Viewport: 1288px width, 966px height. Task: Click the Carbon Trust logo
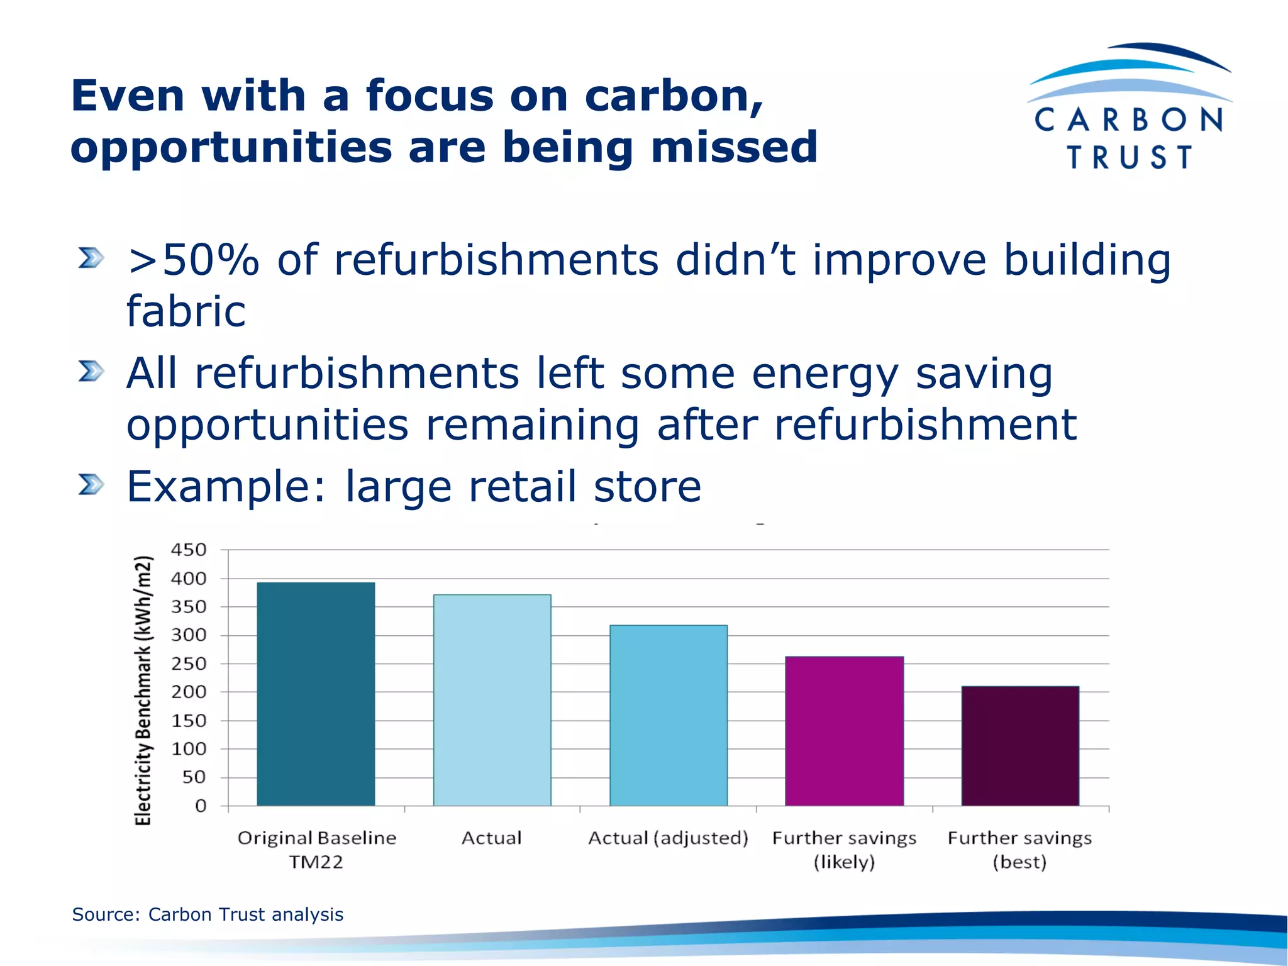pyautogui.click(x=1130, y=107)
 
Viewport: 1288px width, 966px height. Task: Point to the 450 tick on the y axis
pyautogui.click(x=189, y=550)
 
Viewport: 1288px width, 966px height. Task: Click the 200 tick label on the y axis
pyautogui.click(x=189, y=692)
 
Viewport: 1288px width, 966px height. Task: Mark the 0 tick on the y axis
pyautogui.click(x=201, y=806)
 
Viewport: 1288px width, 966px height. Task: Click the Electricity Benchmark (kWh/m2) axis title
pyautogui.click(x=143, y=690)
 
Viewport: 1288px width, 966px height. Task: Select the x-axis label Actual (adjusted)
pyautogui.click(x=668, y=838)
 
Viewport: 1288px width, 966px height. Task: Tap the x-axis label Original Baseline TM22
pyautogui.click(x=316, y=849)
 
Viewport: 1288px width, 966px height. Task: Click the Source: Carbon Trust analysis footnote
pyautogui.click(x=208, y=914)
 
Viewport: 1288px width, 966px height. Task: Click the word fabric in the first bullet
pyautogui.click(x=186, y=311)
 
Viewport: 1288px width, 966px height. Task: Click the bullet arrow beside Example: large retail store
pyautogui.click(x=91, y=485)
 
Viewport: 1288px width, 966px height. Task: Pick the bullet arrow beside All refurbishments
pyautogui.click(x=91, y=371)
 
